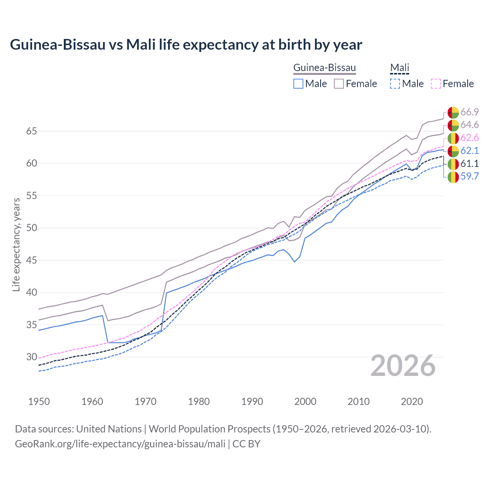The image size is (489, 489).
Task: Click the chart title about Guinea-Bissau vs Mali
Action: pos(186,45)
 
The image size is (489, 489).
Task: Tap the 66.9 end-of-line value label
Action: pos(470,112)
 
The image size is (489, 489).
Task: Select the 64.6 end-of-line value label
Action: pos(470,125)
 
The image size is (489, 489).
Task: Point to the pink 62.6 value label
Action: pos(470,138)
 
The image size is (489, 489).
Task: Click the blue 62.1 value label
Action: pos(470,151)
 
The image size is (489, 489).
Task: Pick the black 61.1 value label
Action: pos(470,164)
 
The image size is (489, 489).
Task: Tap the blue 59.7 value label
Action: pos(470,176)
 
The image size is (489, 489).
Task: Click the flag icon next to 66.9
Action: pos(453,112)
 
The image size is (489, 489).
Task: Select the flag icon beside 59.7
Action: pos(453,177)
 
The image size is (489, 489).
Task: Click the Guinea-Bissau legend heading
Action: pos(324,68)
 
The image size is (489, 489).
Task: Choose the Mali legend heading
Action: pos(400,68)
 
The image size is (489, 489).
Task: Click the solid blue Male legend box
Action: pos(298,84)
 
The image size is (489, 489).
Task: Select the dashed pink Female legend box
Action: pos(436,84)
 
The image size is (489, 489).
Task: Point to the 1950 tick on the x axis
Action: pos(39,402)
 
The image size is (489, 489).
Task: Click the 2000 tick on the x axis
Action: pos(305,402)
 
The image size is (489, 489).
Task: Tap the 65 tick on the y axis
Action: pos(31,131)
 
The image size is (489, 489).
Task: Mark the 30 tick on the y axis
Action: pos(31,357)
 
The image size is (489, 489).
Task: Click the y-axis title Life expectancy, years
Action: pos(16,244)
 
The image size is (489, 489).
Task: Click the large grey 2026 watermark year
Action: pos(403,366)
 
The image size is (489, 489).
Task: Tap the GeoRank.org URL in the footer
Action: pos(120,444)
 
